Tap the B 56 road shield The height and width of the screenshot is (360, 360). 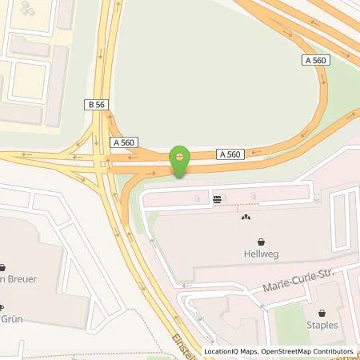[x=94, y=104]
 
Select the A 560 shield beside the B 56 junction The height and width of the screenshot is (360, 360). [x=125, y=142]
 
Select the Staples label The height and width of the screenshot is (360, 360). [x=322, y=326]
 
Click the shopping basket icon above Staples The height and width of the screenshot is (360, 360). [x=322, y=312]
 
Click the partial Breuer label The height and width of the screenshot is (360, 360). [x=11, y=281]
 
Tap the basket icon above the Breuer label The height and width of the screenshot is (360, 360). [x=2, y=267]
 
